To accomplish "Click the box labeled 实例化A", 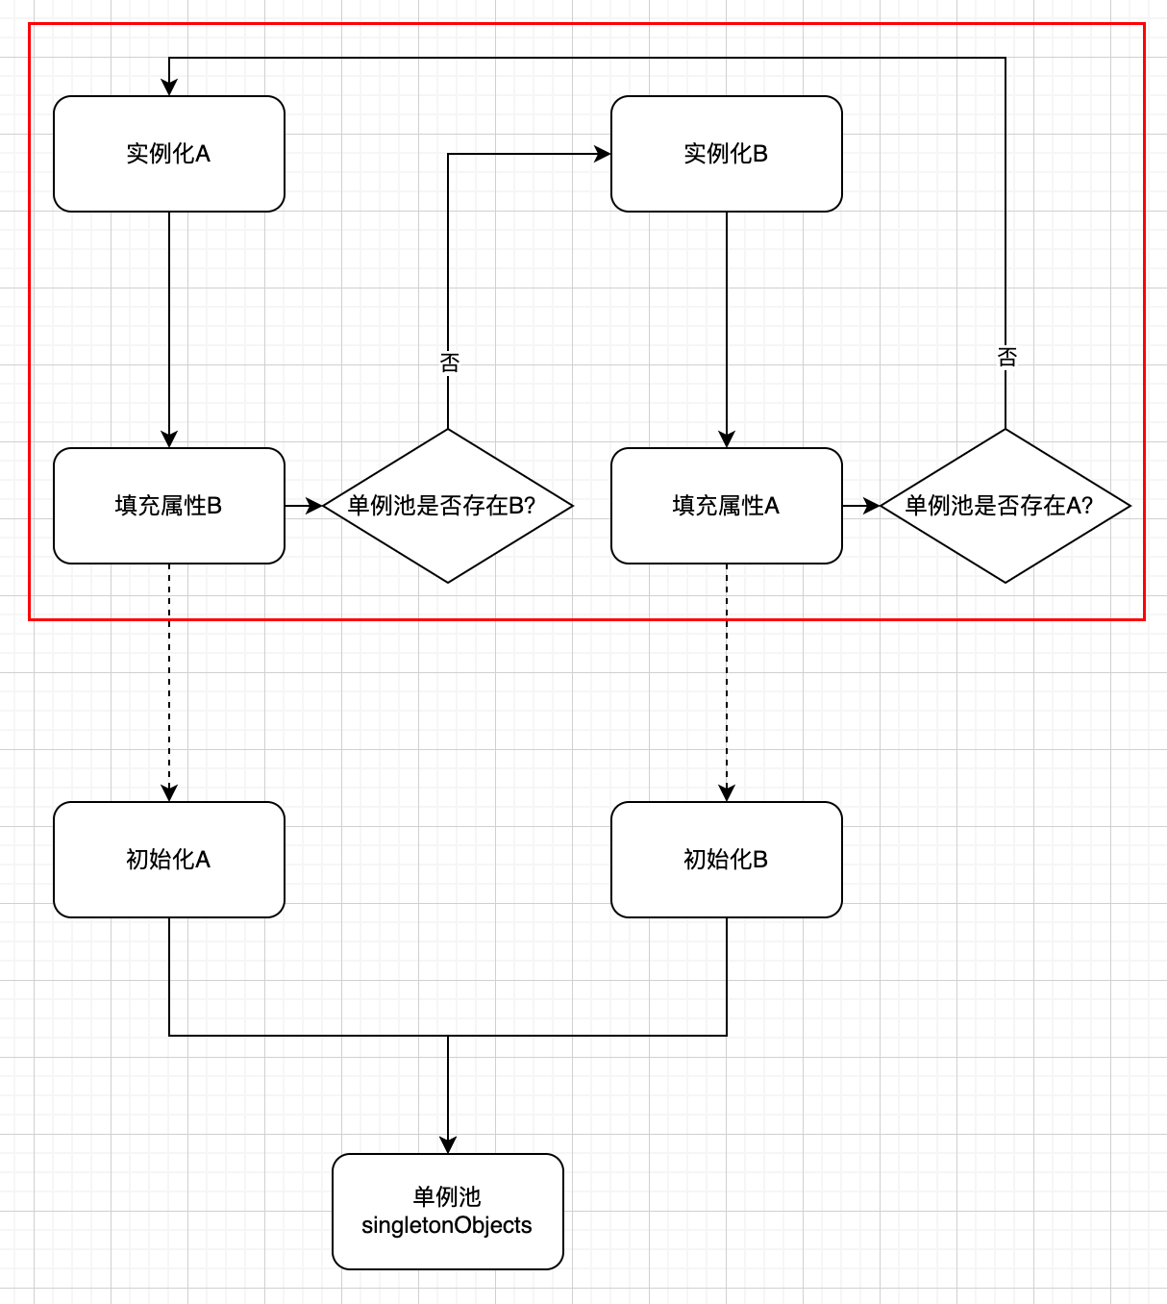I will point(169,154).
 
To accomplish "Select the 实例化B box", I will point(727,154).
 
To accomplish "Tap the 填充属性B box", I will point(169,506).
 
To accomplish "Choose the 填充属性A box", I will point(727,506).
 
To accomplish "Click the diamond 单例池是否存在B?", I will point(448,506).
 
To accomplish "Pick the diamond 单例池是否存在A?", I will point(1006,506).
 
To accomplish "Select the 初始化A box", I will point(169,860).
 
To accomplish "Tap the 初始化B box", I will point(727,860).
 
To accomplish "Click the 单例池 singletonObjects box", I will point(448,1212).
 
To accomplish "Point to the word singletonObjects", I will point(447,1226).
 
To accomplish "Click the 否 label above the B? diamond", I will point(449,363).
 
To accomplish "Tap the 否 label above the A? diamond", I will point(1006,357).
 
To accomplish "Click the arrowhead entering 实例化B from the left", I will point(603,154).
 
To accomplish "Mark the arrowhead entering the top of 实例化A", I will point(169,88).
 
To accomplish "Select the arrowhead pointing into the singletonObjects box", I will point(448,1145).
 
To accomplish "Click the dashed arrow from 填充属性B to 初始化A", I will point(169,683).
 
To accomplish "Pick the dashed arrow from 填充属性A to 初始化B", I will point(727,683).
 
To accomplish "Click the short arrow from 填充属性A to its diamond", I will point(861,506).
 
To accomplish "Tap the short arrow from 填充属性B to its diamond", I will point(304,506).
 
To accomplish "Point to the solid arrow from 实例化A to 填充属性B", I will point(169,327).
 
